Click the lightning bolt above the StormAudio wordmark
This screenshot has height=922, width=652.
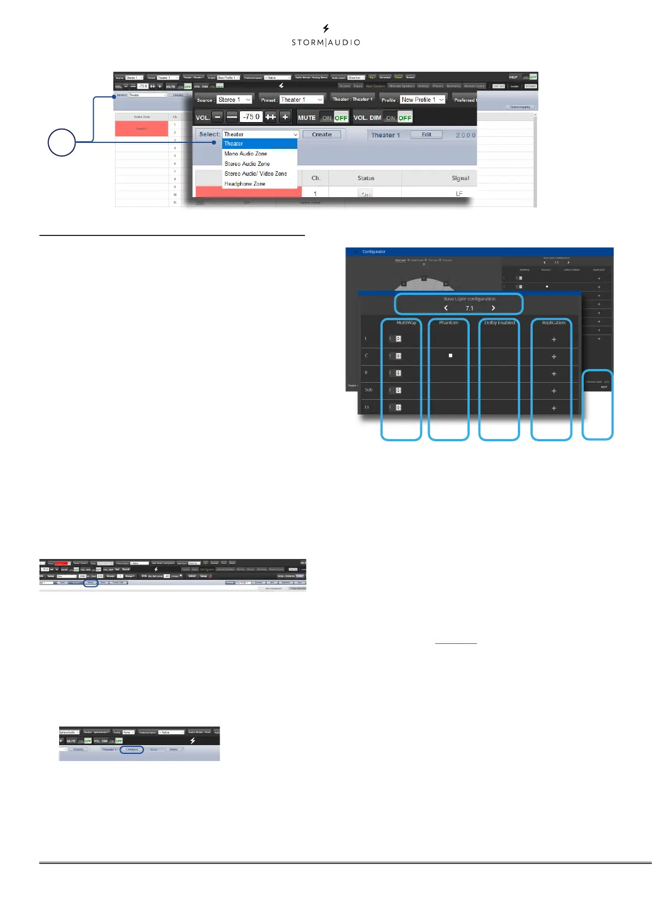(326, 28)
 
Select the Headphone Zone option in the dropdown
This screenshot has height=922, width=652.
(245, 184)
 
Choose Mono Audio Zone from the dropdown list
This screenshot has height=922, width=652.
(246, 154)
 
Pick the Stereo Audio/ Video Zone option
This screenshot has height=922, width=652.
(256, 174)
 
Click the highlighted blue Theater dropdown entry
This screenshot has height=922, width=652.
(259, 143)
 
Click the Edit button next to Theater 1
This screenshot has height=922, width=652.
(426, 135)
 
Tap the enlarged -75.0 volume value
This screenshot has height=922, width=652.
(251, 117)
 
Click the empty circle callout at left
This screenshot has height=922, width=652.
(61, 142)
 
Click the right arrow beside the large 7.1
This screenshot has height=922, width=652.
(493, 308)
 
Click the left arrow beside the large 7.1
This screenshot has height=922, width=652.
(446, 308)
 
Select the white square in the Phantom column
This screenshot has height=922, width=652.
(451, 356)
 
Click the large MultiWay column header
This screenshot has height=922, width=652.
(406, 323)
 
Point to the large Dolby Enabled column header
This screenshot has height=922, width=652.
(499, 323)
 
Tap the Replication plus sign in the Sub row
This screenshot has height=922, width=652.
(554, 391)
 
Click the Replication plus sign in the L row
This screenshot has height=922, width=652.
(554, 339)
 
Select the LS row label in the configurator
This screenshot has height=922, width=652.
(367, 407)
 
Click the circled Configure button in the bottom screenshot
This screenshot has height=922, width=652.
(132, 750)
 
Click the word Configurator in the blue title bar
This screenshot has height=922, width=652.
(374, 252)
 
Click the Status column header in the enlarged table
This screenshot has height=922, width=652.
(366, 178)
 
